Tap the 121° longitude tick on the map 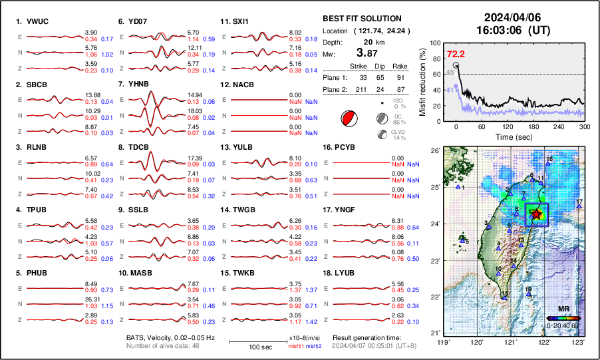pos(510,342)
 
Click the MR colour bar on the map pos(561,319)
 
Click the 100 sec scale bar pos(258,340)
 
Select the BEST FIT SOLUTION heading pos(361,19)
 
